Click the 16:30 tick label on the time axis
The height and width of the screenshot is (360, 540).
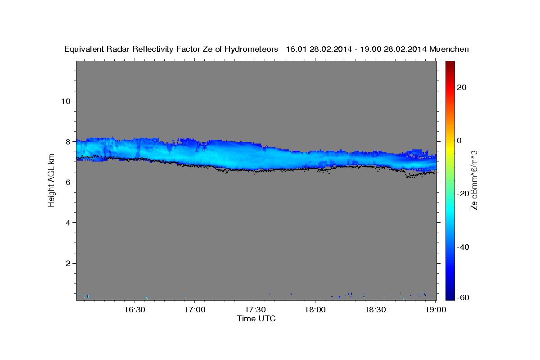134,310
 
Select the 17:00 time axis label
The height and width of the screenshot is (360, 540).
194,310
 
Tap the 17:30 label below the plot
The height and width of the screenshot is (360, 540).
255,310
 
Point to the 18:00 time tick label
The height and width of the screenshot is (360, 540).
315,310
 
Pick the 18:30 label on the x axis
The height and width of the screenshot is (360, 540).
375,310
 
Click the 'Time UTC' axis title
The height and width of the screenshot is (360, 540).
256,319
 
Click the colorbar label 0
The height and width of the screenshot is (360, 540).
459,140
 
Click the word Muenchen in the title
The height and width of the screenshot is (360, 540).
449,49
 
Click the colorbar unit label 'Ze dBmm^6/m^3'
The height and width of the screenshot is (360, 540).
474,180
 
